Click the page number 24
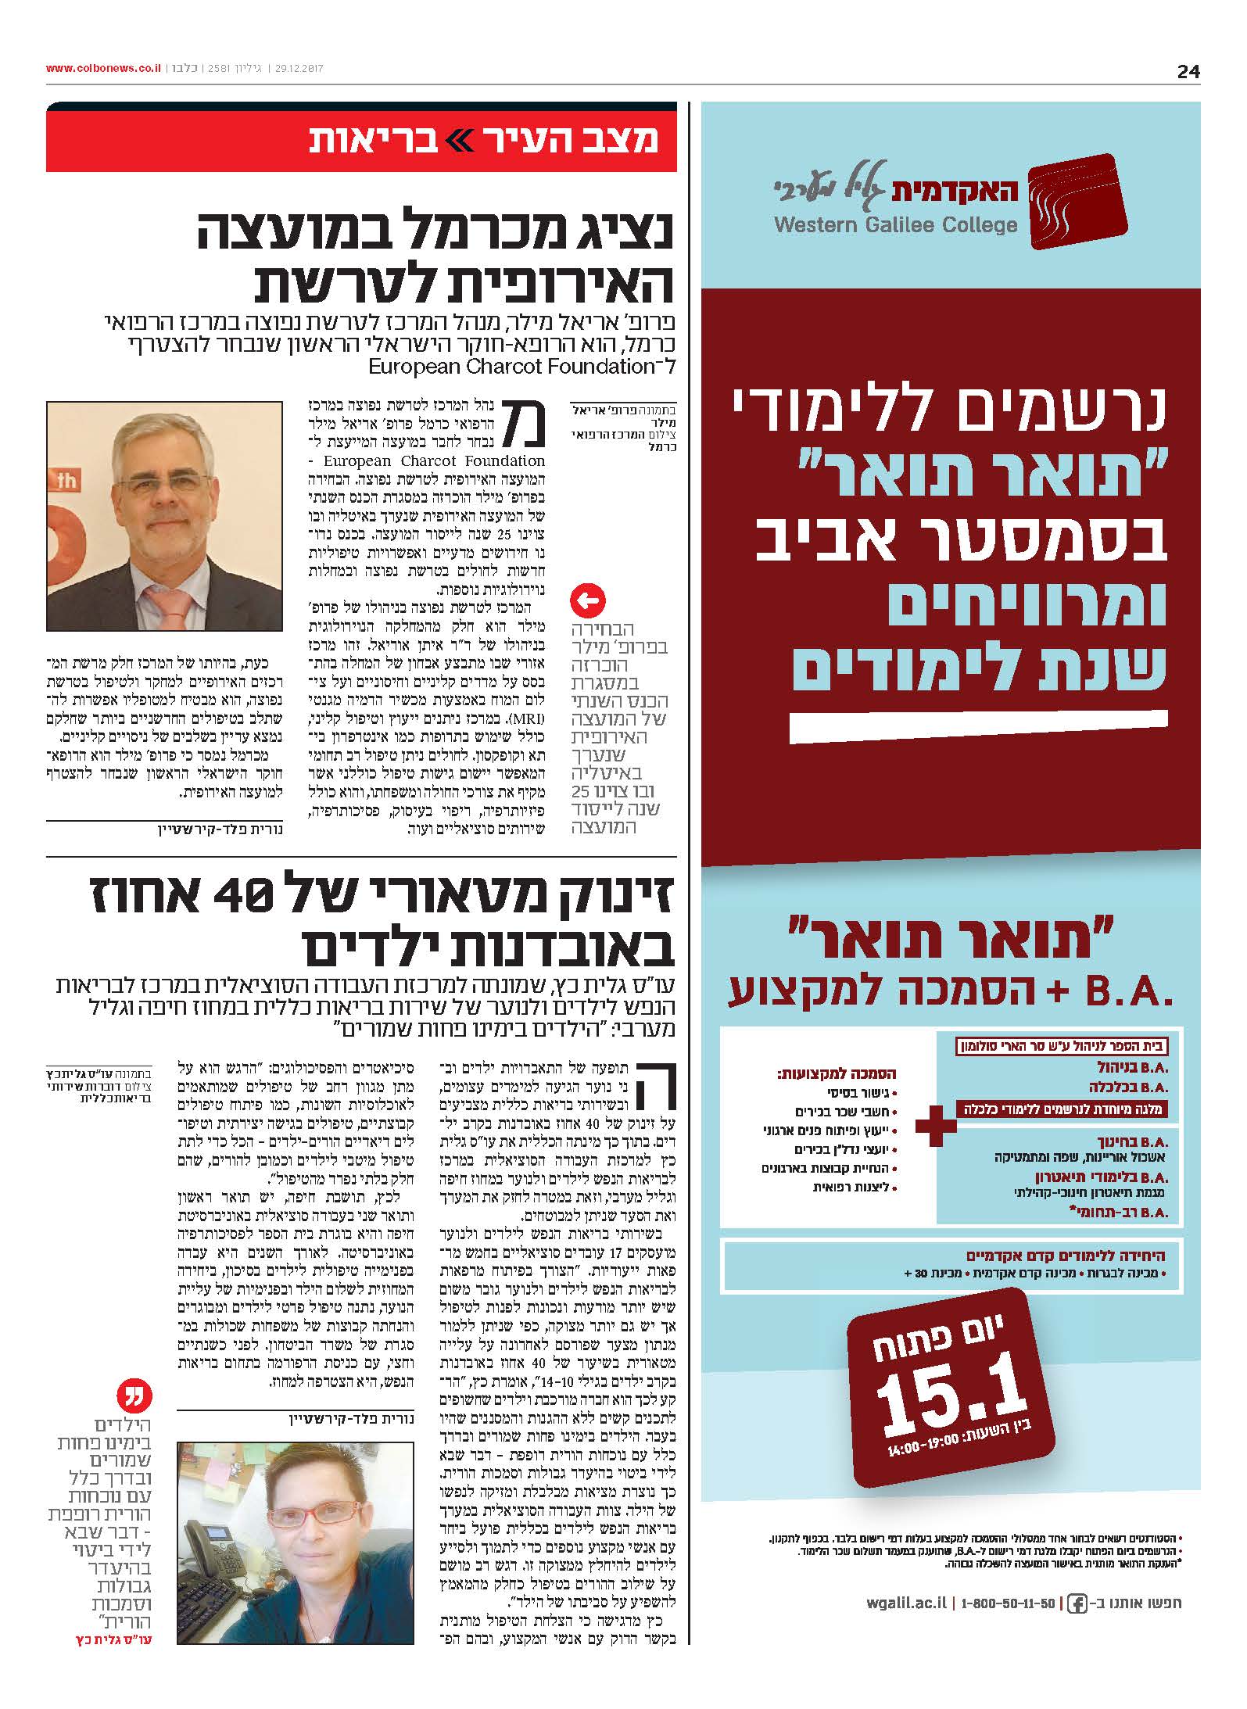pyautogui.click(x=1188, y=71)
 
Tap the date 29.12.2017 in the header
pyautogui.click(x=299, y=69)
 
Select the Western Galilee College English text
pyautogui.click(x=896, y=225)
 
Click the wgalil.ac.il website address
pyautogui.click(x=906, y=1603)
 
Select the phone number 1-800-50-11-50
pyautogui.click(x=1008, y=1603)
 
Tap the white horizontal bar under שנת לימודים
pyautogui.click(x=977, y=726)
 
